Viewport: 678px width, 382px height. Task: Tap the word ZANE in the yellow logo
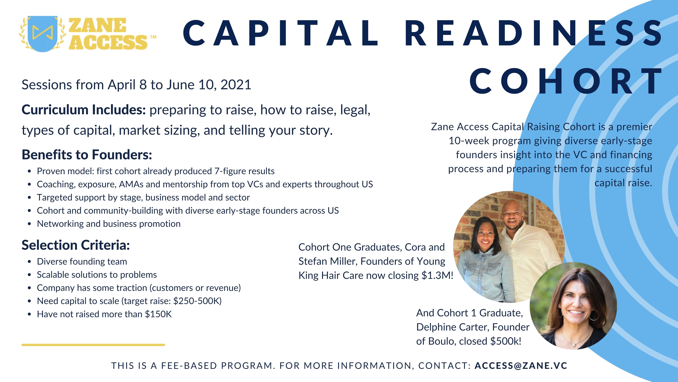coord(97,26)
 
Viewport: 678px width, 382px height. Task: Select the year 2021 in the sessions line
coord(236,85)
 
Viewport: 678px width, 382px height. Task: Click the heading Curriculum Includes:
coord(84,110)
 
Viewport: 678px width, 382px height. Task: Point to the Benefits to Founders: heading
coord(87,155)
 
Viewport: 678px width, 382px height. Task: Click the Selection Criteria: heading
coord(76,245)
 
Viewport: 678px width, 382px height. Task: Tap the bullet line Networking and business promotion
coord(109,224)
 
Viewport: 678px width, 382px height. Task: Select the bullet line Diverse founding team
coord(82,261)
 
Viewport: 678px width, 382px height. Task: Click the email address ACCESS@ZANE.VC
coord(521,366)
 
